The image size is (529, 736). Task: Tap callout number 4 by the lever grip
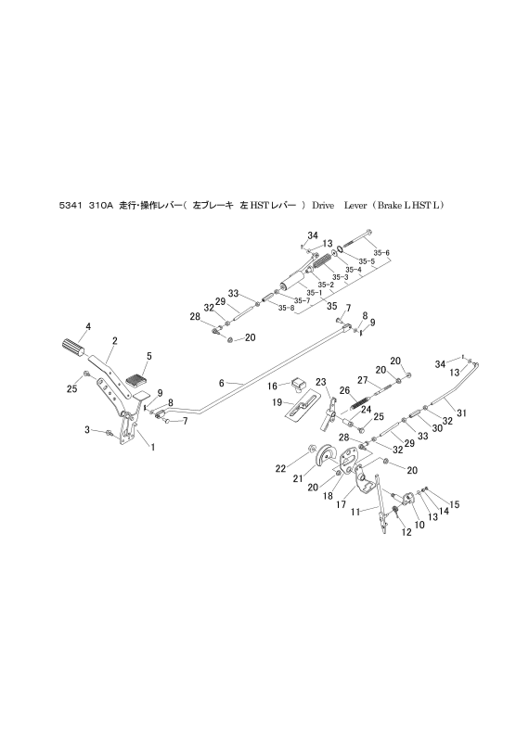click(88, 325)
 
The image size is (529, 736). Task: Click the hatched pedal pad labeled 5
click(135, 379)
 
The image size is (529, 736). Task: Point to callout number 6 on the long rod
click(222, 382)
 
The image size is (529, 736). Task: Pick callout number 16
click(274, 386)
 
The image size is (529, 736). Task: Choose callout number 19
click(277, 403)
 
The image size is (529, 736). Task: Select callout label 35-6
click(381, 252)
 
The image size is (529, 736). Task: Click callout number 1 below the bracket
click(152, 447)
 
